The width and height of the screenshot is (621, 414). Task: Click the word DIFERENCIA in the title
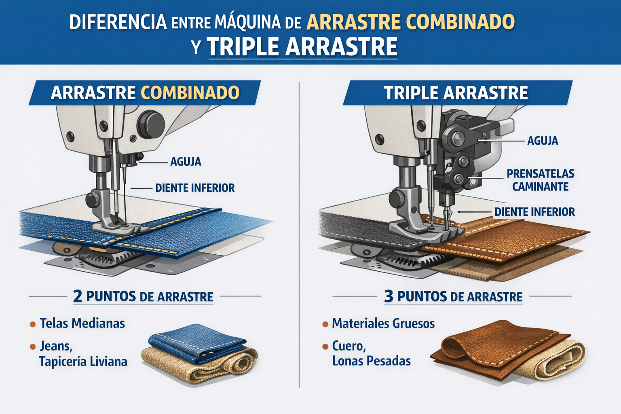coord(118,22)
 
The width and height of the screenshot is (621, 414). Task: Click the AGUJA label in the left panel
coord(186,162)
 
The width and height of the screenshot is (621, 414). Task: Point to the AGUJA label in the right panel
coord(543,141)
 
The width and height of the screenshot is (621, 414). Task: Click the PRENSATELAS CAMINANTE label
coord(540,180)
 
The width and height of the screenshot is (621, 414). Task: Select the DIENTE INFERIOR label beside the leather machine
coord(534,212)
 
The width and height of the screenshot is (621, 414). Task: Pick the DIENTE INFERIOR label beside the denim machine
coord(194,188)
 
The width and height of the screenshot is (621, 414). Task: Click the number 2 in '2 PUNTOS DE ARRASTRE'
coord(78,296)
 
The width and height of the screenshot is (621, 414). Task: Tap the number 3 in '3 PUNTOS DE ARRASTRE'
coord(389,296)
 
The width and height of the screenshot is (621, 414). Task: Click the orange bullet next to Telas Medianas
coord(33,324)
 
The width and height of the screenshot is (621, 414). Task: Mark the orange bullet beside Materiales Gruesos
coord(325,324)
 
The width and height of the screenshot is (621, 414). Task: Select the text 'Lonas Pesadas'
coord(371,361)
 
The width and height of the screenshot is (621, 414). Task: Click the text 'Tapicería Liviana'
coord(83,361)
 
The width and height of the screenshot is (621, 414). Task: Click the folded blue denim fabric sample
coord(197,343)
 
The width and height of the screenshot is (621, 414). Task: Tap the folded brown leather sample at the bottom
coord(496,349)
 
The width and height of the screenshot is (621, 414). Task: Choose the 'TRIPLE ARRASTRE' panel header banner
coord(457,93)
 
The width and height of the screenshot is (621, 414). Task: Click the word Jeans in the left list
coord(56,346)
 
